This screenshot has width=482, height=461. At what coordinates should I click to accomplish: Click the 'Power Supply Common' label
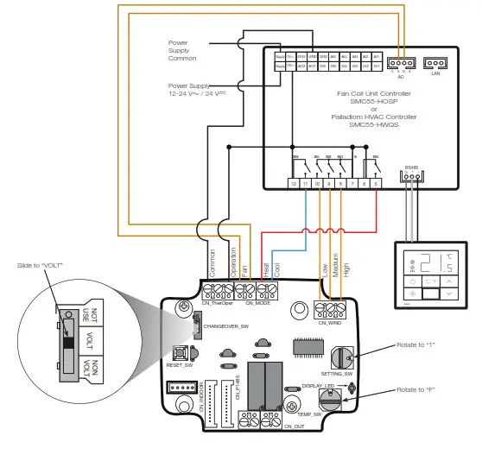[x=181, y=49]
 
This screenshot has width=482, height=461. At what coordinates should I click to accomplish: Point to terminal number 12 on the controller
[x=295, y=185]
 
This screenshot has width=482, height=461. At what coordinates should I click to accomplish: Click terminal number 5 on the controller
[x=376, y=185]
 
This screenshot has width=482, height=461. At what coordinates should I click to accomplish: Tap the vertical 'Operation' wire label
[x=231, y=261]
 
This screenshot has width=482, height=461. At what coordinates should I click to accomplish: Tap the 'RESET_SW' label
[x=179, y=365]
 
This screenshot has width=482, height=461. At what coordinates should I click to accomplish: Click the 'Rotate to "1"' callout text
[x=416, y=344]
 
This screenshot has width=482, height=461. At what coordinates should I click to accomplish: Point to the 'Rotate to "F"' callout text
[x=416, y=389]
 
